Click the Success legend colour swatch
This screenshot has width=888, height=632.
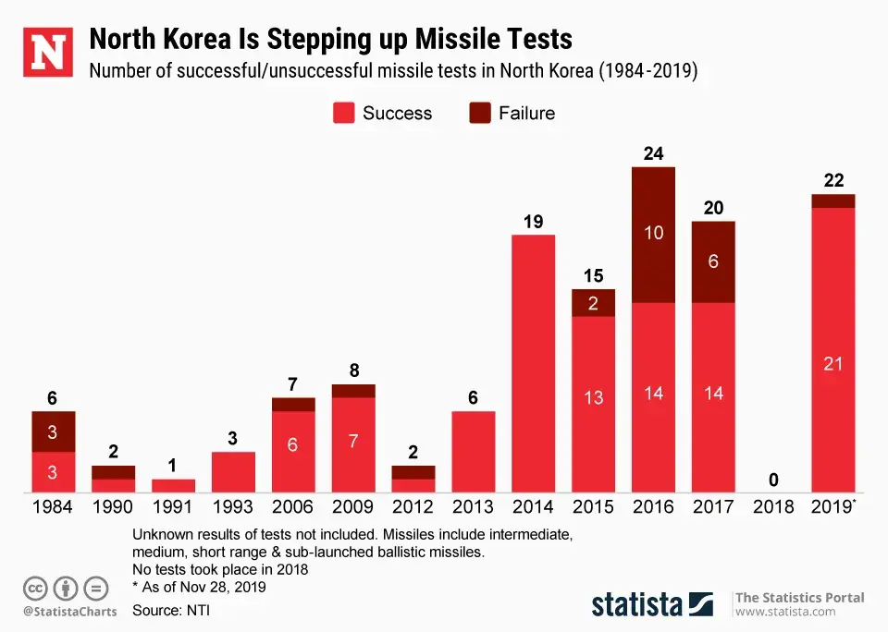point(344,114)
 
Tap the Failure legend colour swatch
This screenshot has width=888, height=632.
point(481,114)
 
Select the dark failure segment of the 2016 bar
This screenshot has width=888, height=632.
point(653,235)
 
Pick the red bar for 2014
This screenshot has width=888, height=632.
point(533,363)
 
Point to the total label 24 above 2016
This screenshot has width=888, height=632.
point(653,153)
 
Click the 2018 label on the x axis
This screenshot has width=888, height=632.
point(773,507)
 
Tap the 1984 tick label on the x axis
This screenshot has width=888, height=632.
point(53,507)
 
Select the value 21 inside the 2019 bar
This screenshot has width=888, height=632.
point(832,364)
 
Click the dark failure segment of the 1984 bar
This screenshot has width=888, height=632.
point(53,431)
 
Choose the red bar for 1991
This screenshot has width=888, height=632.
point(173,485)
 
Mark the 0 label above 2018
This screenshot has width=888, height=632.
point(773,480)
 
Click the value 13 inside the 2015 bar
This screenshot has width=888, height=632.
point(593,397)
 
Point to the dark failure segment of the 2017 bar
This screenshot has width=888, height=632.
point(713,262)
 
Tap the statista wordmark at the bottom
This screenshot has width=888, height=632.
point(637,604)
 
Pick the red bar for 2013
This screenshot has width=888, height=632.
point(473,452)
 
